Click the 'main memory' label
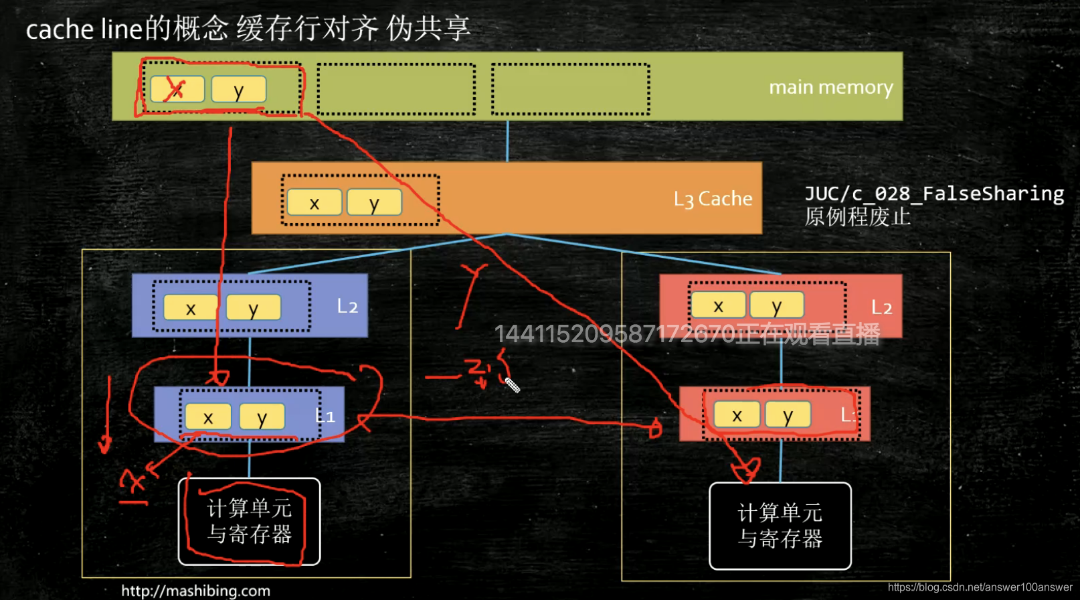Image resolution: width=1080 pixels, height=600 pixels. pyautogui.click(x=830, y=88)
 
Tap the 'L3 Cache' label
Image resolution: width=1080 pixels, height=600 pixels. pyautogui.click(x=713, y=199)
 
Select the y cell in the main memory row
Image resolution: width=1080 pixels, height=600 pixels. pyautogui.click(x=239, y=90)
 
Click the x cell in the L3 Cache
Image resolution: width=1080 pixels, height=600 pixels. pyautogui.click(x=314, y=203)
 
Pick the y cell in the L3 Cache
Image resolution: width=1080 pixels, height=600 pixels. pyautogui.click(x=374, y=203)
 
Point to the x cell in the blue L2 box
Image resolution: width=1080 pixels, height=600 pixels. pyautogui.click(x=191, y=308)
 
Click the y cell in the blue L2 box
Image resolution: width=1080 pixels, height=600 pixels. pyautogui.click(x=253, y=308)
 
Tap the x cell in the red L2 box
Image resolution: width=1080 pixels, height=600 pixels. pyautogui.click(x=718, y=305)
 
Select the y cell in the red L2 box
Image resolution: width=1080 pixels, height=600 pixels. pyautogui.click(x=776, y=305)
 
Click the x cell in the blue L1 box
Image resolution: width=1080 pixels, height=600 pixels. pyautogui.click(x=208, y=417)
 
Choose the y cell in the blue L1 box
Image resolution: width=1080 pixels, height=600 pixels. pyautogui.click(x=262, y=417)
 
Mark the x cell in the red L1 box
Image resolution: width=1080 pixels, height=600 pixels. pyautogui.click(x=737, y=415)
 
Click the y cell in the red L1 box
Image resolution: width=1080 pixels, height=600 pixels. pyautogui.click(x=788, y=415)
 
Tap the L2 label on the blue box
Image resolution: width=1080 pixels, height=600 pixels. pyautogui.click(x=347, y=307)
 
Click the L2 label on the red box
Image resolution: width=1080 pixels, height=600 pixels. pyautogui.click(x=881, y=307)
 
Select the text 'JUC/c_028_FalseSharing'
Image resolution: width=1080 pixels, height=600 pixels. pyautogui.click(x=934, y=194)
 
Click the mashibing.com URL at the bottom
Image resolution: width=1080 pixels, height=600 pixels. pyautogui.click(x=195, y=591)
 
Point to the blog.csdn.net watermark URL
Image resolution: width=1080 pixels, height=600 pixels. pyautogui.click(x=980, y=587)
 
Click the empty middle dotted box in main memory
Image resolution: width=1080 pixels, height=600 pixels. pyautogui.click(x=396, y=90)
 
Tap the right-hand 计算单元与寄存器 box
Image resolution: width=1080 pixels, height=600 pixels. pyautogui.click(x=780, y=526)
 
